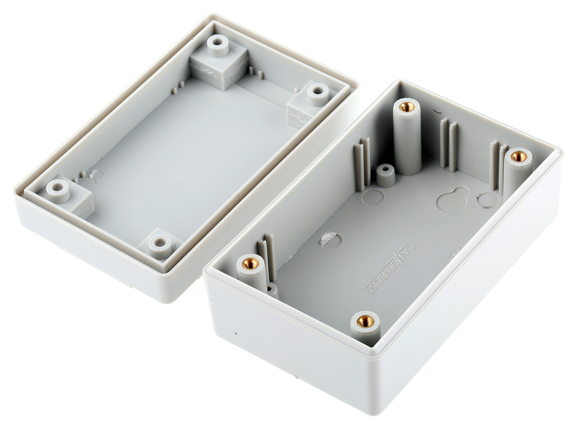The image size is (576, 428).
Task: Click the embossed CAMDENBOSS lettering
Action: [x=388, y=269]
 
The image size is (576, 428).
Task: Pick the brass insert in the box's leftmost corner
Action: [x=251, y=264]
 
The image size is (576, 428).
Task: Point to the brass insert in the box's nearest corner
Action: [x=365, y=323]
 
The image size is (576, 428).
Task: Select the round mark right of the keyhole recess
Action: [x=489, y=200]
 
